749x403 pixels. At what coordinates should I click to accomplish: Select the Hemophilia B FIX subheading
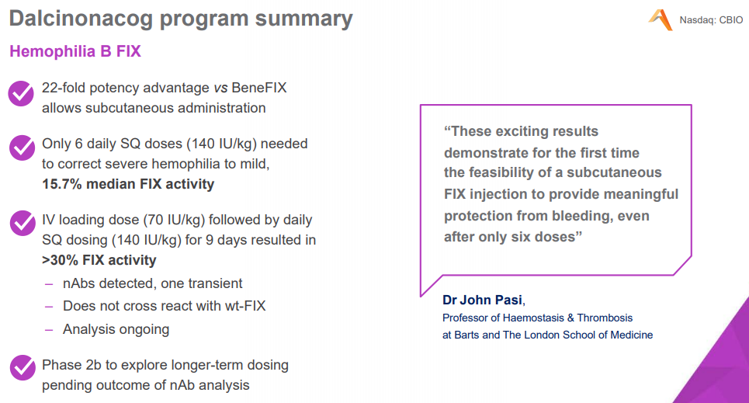[75, 52]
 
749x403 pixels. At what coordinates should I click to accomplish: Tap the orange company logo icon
[660, 19]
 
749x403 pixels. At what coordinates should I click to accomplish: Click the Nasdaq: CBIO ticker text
[711, 20]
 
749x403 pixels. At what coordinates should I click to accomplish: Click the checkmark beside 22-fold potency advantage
[21, 93]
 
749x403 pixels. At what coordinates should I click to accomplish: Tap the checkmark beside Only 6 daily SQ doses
[21, 148]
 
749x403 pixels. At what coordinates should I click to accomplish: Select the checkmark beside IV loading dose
[21, 223]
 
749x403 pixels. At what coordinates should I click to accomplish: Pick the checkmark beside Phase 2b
[21, 367]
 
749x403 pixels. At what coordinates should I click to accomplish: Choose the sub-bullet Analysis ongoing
[116, 329]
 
